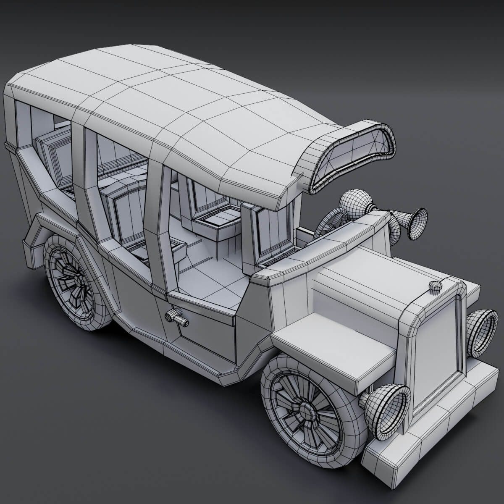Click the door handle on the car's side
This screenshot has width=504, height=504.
pos(176,317)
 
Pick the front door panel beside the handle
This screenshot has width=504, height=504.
pos(206,336)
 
